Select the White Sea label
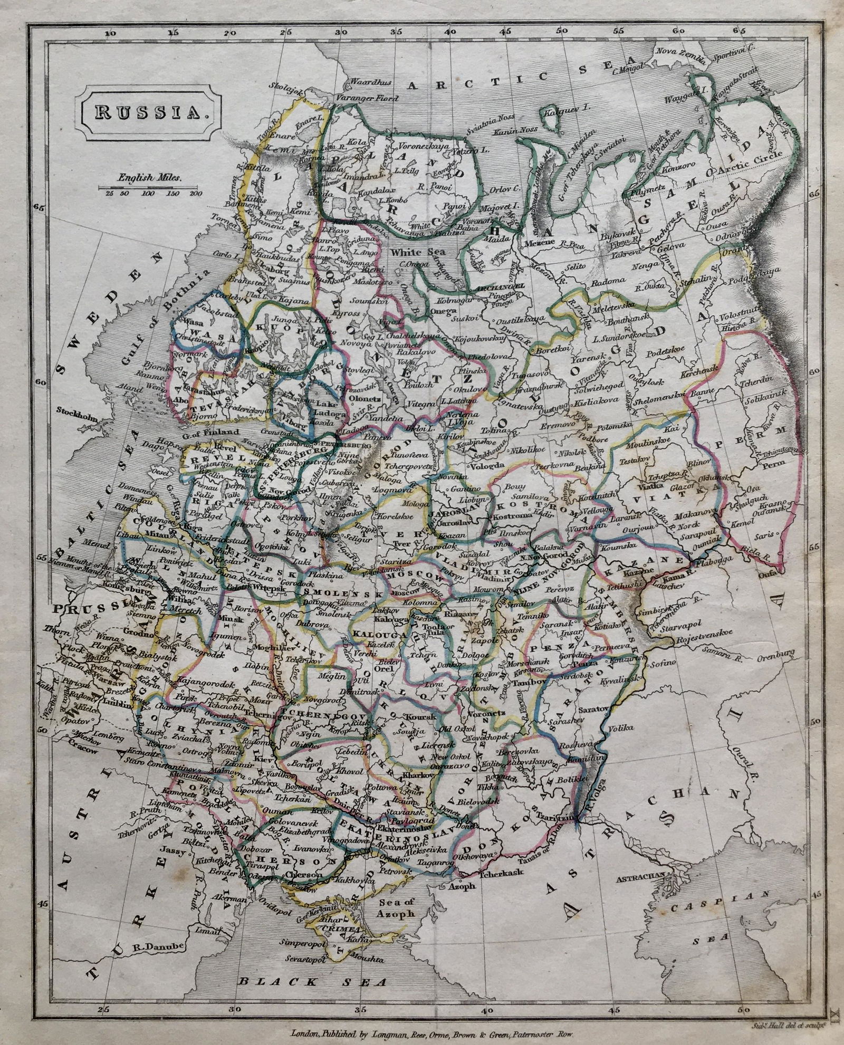click(x=411, y=253)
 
